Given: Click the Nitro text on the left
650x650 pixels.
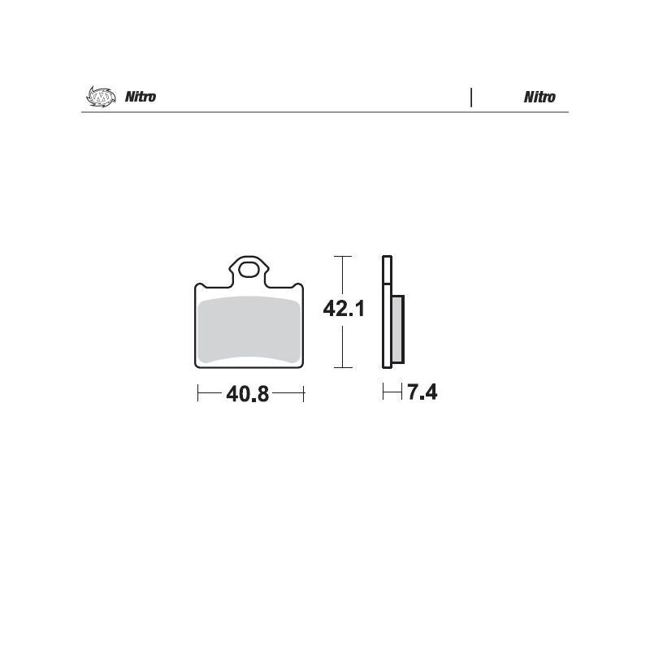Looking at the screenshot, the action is tap(141, 97).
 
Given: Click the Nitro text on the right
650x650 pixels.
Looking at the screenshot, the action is tap(539, 97).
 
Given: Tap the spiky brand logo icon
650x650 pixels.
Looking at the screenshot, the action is tap(101, 96).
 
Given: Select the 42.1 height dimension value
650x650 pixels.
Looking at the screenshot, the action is tap(344, 309).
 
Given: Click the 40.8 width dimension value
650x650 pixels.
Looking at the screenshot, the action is tap(248, 394).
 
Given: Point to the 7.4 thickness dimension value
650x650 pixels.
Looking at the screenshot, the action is tap(422, 392).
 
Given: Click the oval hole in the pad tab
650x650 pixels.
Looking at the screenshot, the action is tap(249, 271).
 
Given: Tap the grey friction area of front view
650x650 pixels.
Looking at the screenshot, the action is tap(249, 330).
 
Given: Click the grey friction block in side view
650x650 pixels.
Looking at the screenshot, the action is tap(397, 330).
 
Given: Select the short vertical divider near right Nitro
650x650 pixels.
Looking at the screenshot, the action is tap(471, 97).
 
